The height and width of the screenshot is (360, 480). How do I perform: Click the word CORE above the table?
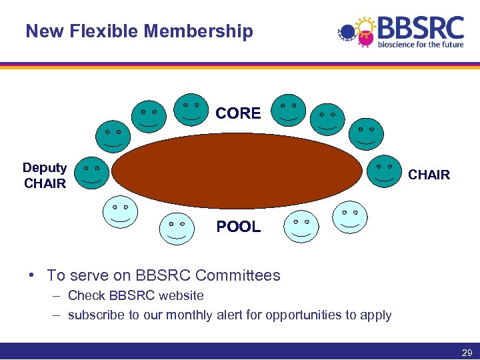[x=238, y=113]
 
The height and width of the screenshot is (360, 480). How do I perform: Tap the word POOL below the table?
[x=238, y=227]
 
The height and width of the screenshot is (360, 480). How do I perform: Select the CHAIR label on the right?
[x=429, y=175]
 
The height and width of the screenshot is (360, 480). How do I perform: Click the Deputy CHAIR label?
[x=45, y=175]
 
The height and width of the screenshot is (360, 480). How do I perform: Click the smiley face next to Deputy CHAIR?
[x=91, y=173]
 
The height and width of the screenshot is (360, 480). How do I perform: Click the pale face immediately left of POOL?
[x=177, y=229]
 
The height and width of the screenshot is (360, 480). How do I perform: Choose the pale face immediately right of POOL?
[x=301, y=227]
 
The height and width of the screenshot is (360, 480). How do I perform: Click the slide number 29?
[x=466, y=351]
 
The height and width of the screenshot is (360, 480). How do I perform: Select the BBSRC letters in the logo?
[x=421, y=29]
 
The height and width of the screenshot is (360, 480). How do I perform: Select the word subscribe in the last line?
[x=95, y=315]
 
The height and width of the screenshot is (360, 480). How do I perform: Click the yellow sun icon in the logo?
[x=365, y=27]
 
